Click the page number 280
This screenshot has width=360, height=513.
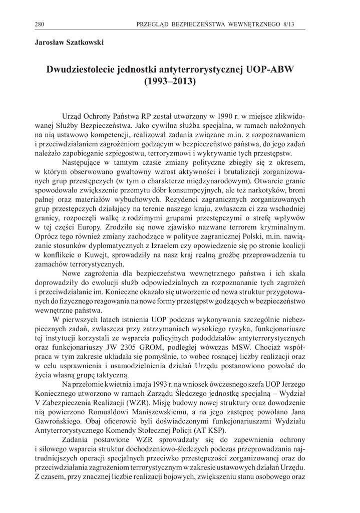40,24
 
